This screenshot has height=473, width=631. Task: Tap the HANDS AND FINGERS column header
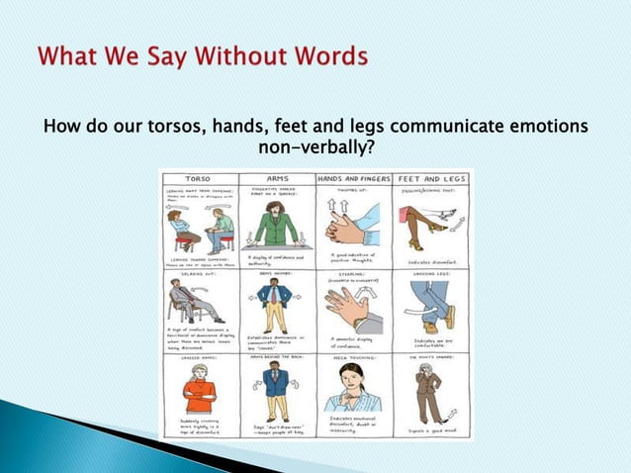353,179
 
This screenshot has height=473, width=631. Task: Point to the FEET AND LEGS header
432,179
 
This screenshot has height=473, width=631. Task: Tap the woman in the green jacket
276,223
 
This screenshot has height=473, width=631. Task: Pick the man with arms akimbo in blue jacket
276,303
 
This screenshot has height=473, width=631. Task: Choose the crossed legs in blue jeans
433,302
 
